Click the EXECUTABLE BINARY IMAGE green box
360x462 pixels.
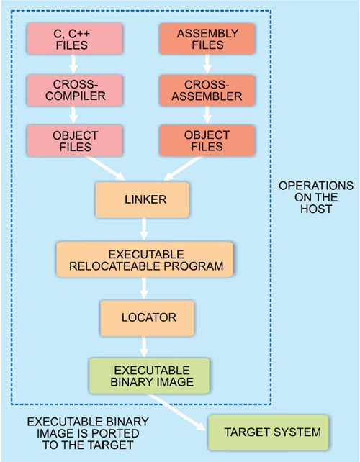[149, 376]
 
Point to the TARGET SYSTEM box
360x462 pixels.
[268, 432]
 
